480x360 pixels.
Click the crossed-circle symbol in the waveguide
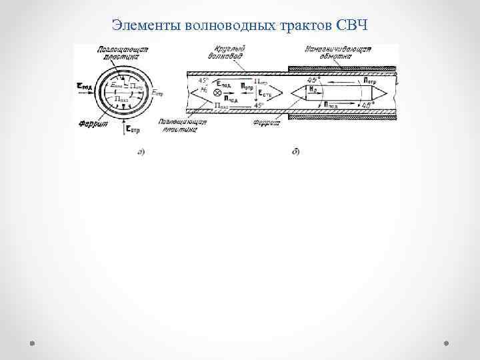(216, 93)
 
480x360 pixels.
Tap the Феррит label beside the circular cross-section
(88, 121)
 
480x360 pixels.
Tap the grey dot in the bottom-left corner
(32, 343)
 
